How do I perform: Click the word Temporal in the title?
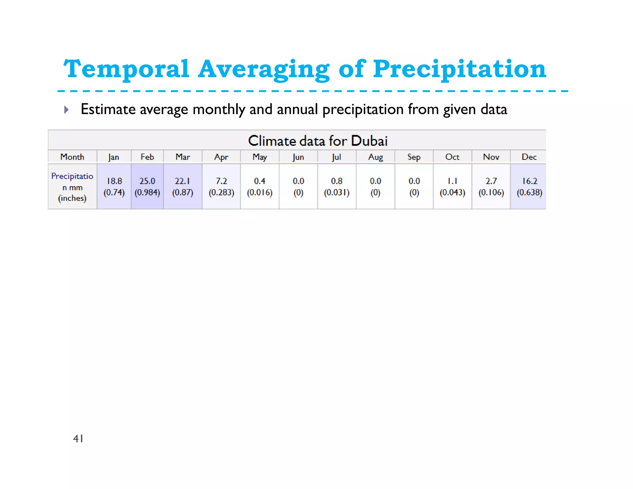click(x=126, y=69)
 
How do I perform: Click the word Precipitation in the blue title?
click(x=459, y=69)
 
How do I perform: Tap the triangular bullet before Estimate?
click(x=66, y=110)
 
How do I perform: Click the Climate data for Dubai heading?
click(x=317, y=141)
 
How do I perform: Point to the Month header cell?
click(x=72, y=157)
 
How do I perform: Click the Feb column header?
click(x=147, y=157)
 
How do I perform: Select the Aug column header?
click(x=375, y=157)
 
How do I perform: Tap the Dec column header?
click(x=529, y=157)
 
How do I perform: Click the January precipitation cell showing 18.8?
click(x=114, y=186)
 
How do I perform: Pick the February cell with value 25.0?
click(x=147, y=186)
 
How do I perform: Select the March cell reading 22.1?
click(x=183, y=186)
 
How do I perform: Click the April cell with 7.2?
click(x=221, y=186)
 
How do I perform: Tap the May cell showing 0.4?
click(x=260, y=186)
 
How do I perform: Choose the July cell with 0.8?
click(x=337, y=186)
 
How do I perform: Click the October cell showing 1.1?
click(x=452, y=186)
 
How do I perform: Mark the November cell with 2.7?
click(x=491, y=186)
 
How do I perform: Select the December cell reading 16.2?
click(x=529, y=186)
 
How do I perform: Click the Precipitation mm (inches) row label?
click(x=72, y=187)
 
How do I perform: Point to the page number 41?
click(x=78, y=438)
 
